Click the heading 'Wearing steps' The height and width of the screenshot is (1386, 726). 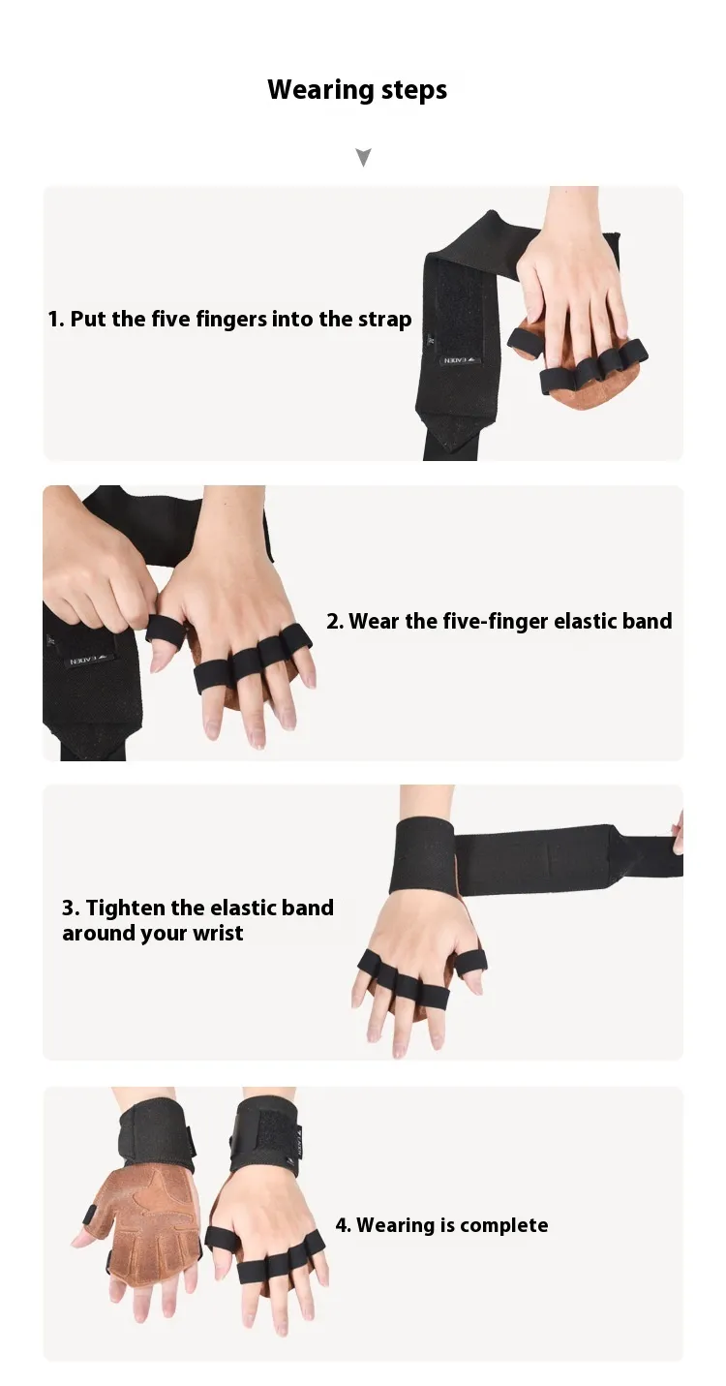click(x=357, y=90)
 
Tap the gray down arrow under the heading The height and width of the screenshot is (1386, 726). click(x=364, y=157)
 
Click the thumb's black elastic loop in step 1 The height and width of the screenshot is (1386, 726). click(x=522, y=336)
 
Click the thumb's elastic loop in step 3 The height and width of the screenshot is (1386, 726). click(x=471, y=960)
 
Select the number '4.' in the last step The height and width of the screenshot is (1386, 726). click(x=344, y=1225)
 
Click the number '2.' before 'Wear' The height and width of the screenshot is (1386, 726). click(x=335, y=621)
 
